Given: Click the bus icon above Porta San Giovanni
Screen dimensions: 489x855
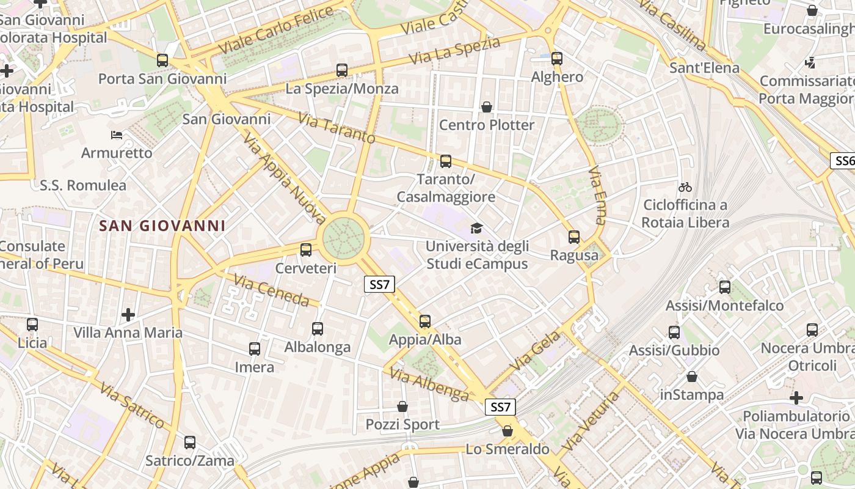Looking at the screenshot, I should tap(162, 61).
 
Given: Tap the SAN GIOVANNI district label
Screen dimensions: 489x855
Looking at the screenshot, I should tap(162, 226).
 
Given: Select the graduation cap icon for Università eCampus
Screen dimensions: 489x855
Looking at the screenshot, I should tap(476, 229).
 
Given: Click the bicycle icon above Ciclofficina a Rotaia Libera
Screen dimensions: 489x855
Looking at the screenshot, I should tap(685, 186).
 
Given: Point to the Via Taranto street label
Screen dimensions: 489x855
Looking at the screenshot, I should tap(337, 128).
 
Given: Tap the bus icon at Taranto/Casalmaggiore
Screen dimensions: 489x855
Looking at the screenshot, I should tap(446, 161).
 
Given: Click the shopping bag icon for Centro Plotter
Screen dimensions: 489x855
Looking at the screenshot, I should tap(487, 107).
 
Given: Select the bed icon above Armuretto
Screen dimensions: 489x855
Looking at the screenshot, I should tap(117, 134).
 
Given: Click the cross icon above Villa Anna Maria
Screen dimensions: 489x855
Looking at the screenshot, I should tap(128, 315).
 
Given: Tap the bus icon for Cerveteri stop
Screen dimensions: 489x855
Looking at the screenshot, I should tap(306, 250).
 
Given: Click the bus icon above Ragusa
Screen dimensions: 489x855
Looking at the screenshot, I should tap(574, 237).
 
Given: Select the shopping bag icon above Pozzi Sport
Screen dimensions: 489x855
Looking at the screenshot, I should tap(402, 406).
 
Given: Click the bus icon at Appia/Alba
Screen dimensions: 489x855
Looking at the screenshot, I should tap(425, 322).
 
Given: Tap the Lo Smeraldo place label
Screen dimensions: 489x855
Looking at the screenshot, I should tap(508, 449).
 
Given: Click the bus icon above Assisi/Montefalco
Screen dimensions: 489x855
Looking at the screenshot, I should tap(725, 287).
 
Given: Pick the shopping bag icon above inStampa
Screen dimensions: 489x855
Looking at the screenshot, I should tap(692, 377).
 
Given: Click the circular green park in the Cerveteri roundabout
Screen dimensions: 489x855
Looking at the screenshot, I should tap(344, 238).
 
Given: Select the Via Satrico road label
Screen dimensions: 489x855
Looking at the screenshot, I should tap(133, 405).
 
